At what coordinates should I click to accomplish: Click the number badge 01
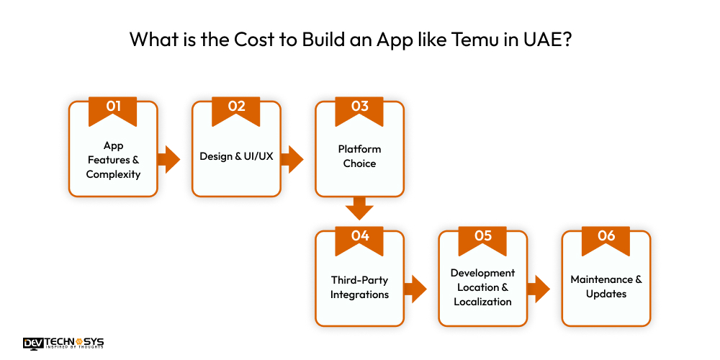tap(113, 107)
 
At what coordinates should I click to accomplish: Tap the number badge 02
tap(236, 107)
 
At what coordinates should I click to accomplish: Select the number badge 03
tap(359, 107)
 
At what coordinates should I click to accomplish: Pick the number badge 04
tap(359, 236)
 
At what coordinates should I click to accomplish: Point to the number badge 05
tap(482, 236)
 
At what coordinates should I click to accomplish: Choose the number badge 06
tap(606, 236)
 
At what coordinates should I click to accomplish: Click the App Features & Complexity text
tap(113, 160)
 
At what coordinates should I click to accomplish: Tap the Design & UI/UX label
tap(236, 156)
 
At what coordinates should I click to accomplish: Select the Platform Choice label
tap(359, 156)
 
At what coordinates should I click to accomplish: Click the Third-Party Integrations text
tap(359, 287)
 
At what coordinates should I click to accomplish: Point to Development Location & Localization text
tap(482, 287)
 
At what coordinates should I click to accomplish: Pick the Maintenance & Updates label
tap(606, 287)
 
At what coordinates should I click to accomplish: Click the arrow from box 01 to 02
tap(170, 160)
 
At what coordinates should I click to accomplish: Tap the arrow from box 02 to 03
tap(293, 160)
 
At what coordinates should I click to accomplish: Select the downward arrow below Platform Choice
tap(359, 208)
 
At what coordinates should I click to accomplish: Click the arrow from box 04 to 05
tap(415, 289)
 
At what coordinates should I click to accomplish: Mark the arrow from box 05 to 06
tap(539, 289)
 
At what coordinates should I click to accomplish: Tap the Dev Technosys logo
tap(63, 343)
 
